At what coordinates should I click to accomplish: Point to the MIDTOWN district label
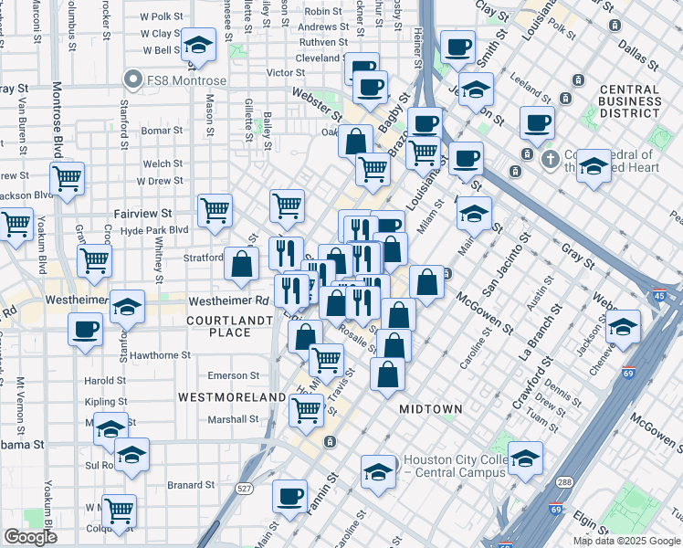[431, 409]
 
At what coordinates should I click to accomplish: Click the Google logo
[30, 537]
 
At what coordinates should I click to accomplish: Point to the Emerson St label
[234, 375]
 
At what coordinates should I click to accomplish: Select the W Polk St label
[161, 16]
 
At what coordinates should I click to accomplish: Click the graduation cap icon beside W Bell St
[197, 45]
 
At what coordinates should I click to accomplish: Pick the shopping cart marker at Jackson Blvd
[67, 178]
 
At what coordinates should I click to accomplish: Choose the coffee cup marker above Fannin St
[290, 496]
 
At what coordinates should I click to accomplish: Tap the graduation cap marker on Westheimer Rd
[128, 306]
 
